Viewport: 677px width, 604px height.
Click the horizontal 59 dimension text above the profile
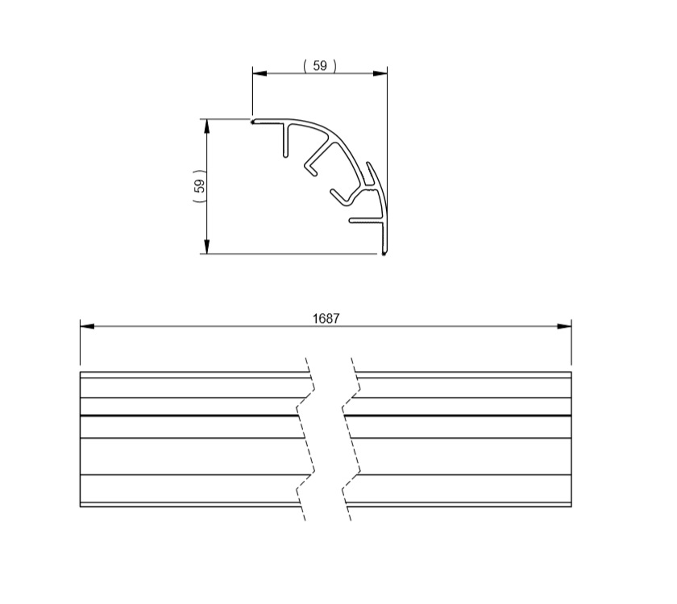coord(320,66)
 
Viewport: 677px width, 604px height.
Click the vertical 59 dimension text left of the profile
coord(200,187)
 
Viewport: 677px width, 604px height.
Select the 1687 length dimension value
coord(326,318)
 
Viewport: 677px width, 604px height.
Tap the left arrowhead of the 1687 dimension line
coord(87,326)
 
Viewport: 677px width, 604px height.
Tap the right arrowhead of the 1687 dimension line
coord(564,326)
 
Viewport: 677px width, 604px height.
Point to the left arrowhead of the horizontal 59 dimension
coord(260,74)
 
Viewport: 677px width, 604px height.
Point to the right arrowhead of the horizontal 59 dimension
coord(380,74)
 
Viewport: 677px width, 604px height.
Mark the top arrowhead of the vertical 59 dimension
coord(207,126)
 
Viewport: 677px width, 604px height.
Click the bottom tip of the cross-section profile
coord(384,254)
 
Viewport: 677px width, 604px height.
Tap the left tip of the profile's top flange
coord(253,122)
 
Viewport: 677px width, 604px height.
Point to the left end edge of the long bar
coord(80,439)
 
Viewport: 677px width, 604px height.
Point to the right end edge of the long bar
coord(571,439)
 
